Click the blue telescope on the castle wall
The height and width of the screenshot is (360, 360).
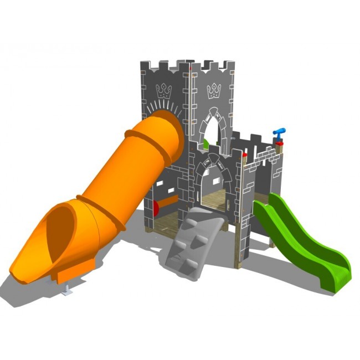(x=280, y=132)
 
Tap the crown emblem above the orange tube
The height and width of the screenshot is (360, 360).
(x=164, y=90)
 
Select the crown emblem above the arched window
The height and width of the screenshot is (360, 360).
(x=214, y=90)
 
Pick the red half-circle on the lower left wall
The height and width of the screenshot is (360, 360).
(x=156, y=208)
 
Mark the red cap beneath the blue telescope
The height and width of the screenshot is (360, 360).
(x=280, y=143)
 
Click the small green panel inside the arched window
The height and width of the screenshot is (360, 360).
(x=206, y=144)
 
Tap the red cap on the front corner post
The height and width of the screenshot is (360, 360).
(x=244, y=157)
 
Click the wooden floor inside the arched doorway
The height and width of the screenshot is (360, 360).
(x=213, y=204)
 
